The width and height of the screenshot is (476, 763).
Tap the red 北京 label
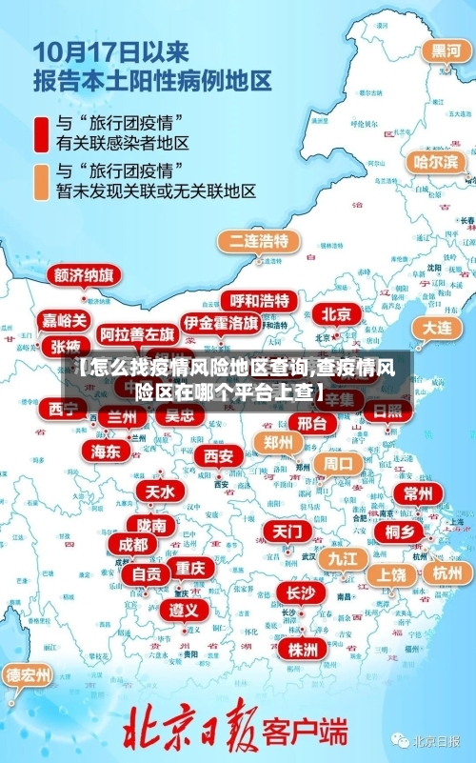pos(335,313)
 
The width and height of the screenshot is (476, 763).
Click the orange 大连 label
pos(437,327)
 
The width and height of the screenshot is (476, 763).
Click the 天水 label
pos(159,492)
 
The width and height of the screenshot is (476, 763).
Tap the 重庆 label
pos(189,567)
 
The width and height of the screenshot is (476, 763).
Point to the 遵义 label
pos(184,609)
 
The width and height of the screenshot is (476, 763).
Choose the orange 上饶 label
pos(390,574)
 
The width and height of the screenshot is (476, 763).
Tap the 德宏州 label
pos(29,675)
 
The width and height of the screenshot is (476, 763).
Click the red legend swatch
pos(43,132)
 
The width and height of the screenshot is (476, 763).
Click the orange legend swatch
pos(43,181)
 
